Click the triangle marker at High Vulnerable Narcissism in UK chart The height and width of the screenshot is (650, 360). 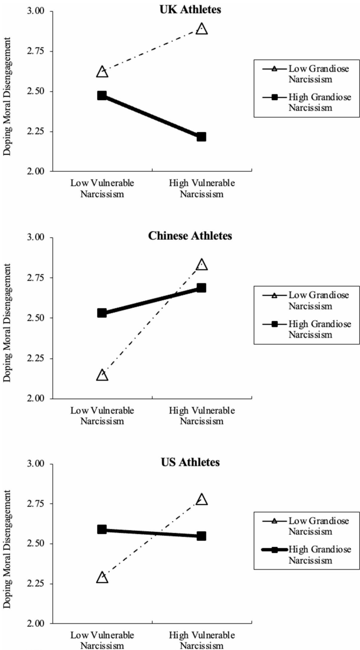click(x=201, y=29)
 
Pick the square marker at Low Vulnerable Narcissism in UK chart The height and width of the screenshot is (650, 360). click(x=102, y=96)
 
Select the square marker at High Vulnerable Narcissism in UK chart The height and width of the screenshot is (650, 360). click(x=201, y=137)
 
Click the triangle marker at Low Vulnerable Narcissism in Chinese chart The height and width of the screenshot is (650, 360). click(x=102, y=375)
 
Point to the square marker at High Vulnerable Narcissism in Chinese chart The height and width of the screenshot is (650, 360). click(x=201, y=288)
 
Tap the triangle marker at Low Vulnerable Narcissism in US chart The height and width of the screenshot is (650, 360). click(x=102, y=577)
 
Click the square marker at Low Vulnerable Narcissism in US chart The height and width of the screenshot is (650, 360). click(x=102, y=530)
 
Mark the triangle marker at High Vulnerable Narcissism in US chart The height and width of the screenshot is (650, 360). click(x=201, y=499)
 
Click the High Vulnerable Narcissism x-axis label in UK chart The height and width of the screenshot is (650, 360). click(x=201, y=188)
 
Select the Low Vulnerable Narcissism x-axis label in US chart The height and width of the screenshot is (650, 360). click(x=102, y=640)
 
